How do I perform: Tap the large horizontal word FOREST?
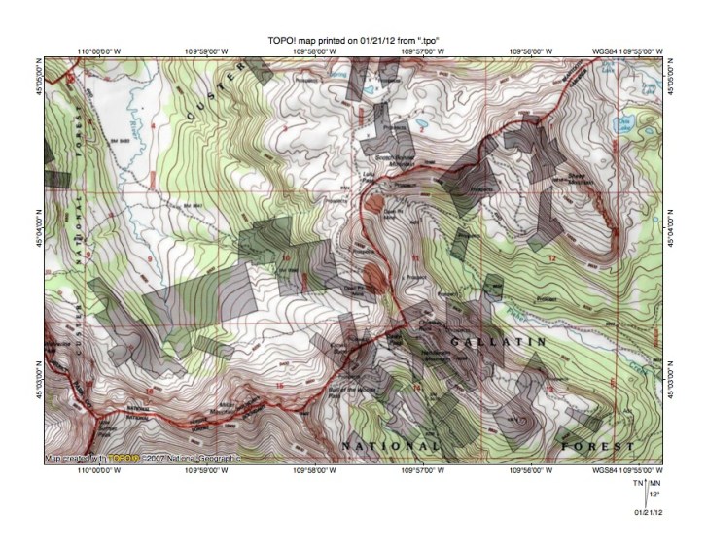(x=597, y=446)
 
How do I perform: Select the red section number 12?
(x=551, y=257)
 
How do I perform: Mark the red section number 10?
(x=287, y=256)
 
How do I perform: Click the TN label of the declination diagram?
(x=637, y=483)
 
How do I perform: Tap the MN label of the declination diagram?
(x=654, y=483)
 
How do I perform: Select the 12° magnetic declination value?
(x=654, y=494)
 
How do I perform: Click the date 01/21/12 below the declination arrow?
(x=649, y=511)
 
